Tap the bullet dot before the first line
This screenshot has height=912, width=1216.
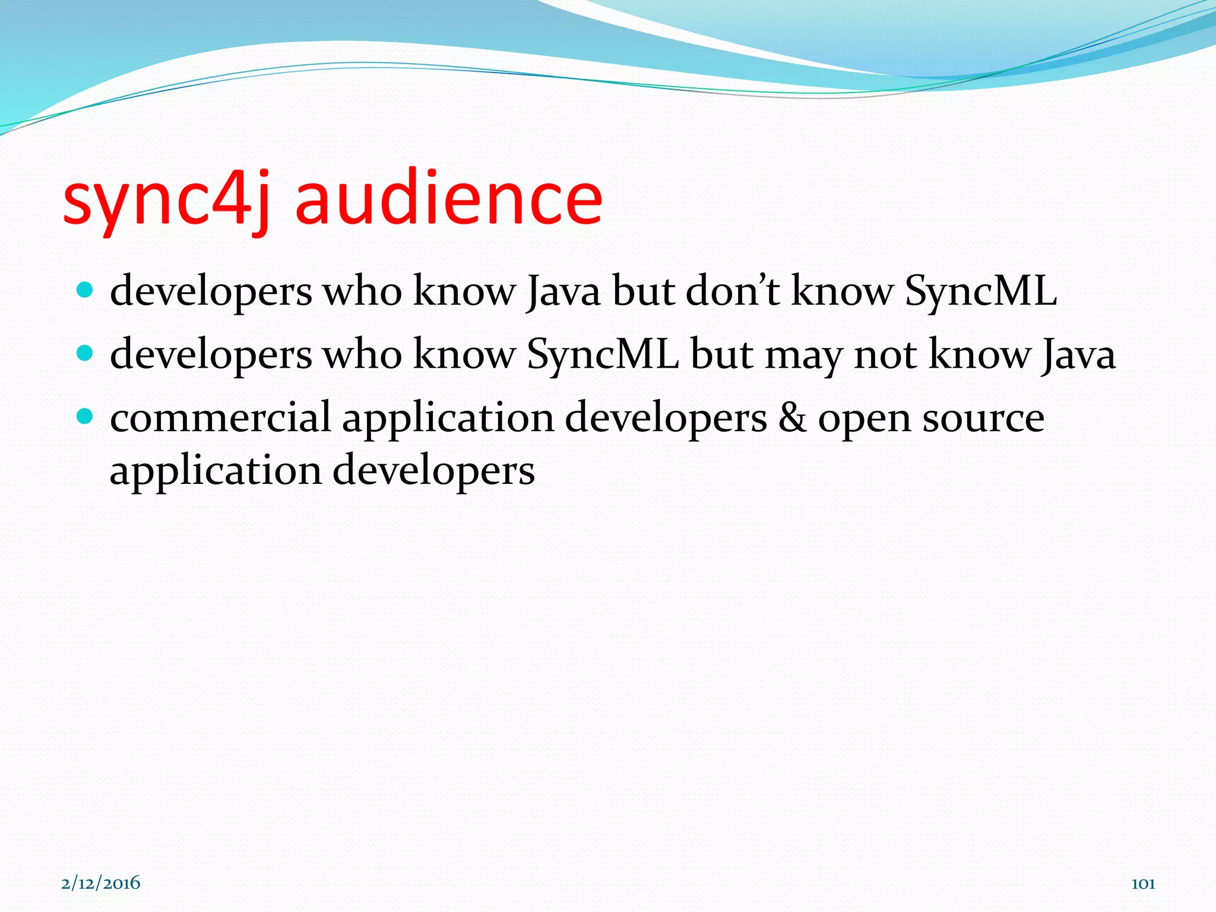[x=85, y=290]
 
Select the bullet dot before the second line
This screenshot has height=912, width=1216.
[x=85, y=354]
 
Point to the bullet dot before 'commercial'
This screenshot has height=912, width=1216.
[x=85, y=417]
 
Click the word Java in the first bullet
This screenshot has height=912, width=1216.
[x=563, y=292]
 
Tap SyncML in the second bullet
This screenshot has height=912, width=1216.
[x=603, y=355]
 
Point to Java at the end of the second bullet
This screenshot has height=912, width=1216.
[x=1077, y=355]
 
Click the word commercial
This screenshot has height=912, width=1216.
[x=220, y=417]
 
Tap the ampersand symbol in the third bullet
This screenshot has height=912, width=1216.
[x=793, y=417]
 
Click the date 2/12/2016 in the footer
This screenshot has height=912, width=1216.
[x=101, y=883]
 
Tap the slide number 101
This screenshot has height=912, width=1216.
[x=1143, y=883]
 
